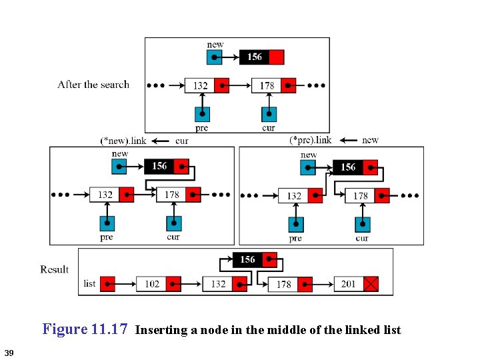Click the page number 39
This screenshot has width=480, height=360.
pyautogui.click(x=9, y=352)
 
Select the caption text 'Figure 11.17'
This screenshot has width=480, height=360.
pyautogui.click(x=85, y=329)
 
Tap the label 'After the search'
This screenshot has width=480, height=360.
pyautogui.click(x=93, y=85)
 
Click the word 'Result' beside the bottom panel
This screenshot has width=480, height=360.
pyautogui.click(x=54, y=269)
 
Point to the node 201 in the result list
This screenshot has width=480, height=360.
pyautogui.click(x=349, y=284)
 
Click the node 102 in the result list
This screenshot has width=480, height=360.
pyautogui.click(x=152, y=284)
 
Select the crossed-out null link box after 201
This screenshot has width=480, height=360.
pyautogui.click(x=371, y=284)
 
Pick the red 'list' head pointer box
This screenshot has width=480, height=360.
pyautogui.click(x=107, y=284)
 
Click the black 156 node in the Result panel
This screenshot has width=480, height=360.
pyautogui.click(x=247, y=259)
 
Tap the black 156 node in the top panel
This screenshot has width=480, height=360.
pyautogui.click(x=255, y=57)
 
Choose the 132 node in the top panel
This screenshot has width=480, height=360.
pyautogui.click(x=200, y=85)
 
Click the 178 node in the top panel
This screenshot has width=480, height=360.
pyautogui.click(x=267, y=85)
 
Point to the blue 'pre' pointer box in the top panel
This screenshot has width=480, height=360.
pyautogui.click(x=202, y=114)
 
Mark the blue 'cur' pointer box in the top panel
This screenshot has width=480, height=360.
pyautogui.click(x=269, y=114)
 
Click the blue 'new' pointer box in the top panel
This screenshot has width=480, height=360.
pyautogui.click(x=214, y=57)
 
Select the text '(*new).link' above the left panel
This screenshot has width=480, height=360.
pyautogui.click(x=123, y=141)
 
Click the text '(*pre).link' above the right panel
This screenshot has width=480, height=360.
pyautogui.click(x=311, y=140)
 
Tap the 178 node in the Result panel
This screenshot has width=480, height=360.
pyautogui.click(x=284, y=284)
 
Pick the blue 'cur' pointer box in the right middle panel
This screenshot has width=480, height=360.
pyautogui.click(x=363, y=225)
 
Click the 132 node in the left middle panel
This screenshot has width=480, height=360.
pyautogui.click(x=105, y=195)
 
